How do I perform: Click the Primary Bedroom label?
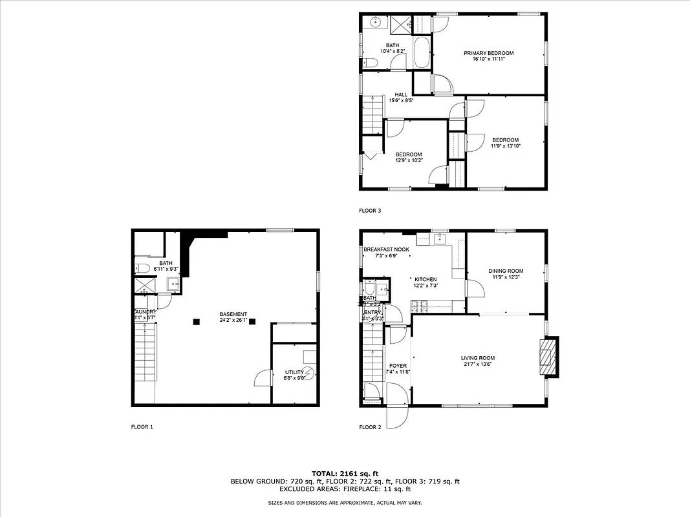(488, 53)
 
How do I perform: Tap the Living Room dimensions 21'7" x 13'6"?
(477, 364)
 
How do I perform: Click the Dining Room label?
(506, 271)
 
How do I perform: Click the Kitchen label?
(426, 279)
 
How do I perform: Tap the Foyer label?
(398, 366)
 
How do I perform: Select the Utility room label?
(294, 372)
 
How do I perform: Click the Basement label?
(233, 314)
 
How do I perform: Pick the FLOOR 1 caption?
(142, 427)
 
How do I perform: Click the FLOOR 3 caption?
(370, 210)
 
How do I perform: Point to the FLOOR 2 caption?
(370, 427)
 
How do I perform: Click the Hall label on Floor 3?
(401, 94)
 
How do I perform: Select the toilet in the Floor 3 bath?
(369, 62)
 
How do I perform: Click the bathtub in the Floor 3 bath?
(420, 52)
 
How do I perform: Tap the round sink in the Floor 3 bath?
(376, 23)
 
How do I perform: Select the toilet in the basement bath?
(143, 268)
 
